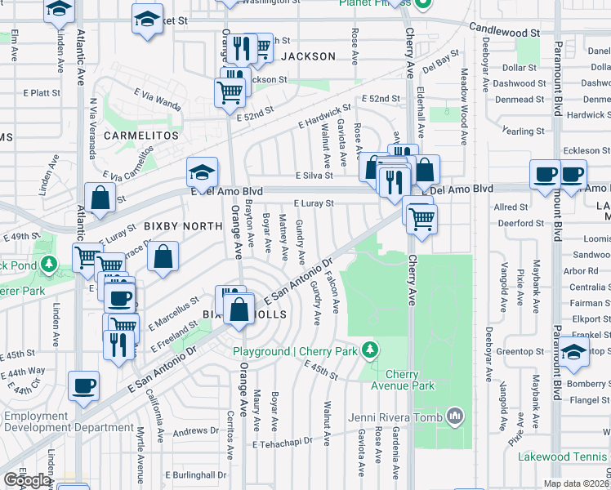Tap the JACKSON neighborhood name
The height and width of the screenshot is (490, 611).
pos(308,56)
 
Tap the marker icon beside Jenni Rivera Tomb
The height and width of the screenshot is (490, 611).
pos(455,418)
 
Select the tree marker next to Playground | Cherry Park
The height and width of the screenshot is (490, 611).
pos(371,350)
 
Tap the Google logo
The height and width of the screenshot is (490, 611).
pos(27,480)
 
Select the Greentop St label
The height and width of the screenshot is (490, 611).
pos(520,352)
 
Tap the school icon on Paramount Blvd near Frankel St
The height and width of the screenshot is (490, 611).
pos(574,353)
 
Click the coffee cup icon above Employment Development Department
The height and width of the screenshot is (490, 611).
pos(83,385)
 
